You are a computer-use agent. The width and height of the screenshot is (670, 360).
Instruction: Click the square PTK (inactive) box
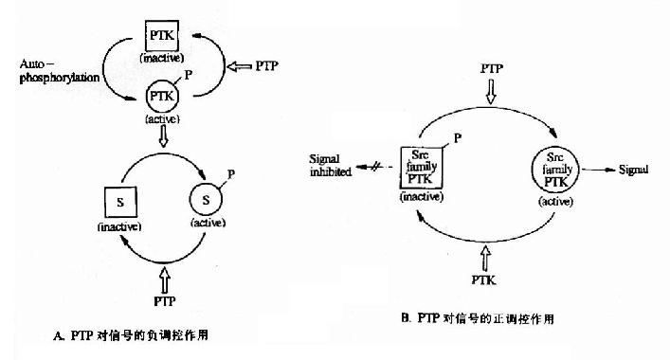(x=162, y=35)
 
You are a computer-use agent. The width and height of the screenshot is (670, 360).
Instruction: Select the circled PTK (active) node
(x=162, y=96)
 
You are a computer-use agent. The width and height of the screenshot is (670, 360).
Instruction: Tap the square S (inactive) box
(x=121, y=202)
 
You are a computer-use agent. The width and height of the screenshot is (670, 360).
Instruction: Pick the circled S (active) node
(x=206, y=200)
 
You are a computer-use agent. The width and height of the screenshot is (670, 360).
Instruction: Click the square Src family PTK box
(x=422, y=168)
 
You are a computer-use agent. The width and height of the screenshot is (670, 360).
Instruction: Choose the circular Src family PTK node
(x=555, y=170)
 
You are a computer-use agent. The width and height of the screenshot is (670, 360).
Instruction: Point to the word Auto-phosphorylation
(x=59, y=71)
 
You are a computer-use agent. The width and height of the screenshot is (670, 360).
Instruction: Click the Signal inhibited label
(x=331, y=165)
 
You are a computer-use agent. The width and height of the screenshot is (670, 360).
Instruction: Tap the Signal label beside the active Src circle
(x=633, y=170)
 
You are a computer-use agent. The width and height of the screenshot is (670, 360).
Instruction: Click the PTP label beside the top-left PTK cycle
(x=266, y=65)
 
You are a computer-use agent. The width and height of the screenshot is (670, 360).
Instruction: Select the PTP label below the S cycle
(x=165, y=301)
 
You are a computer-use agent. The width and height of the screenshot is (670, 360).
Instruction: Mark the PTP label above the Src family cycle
(x=492, y=68)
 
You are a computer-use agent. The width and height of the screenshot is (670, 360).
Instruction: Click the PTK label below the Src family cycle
(x=483, y=280)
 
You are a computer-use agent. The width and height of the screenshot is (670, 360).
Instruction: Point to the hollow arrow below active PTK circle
(x=163, y=136)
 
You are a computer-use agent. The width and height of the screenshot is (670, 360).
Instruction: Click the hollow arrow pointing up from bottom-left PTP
(x=165, y=279)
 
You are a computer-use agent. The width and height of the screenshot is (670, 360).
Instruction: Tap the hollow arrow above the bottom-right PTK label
(x=485, y=258)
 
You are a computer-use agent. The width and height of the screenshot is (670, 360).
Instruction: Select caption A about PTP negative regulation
(x=131, y=335)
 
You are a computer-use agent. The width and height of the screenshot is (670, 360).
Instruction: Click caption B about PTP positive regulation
(x=478, y=318)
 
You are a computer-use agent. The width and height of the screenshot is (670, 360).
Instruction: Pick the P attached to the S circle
(x=231, y=174)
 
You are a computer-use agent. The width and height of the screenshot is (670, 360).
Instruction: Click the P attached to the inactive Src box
(x=458, y=138)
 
